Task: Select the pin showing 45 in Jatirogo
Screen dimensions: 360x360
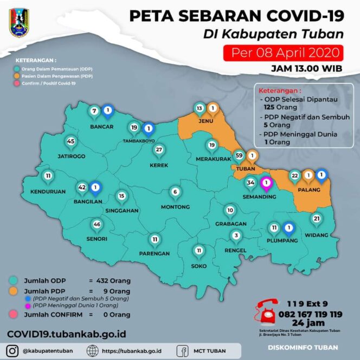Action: pos(70,142)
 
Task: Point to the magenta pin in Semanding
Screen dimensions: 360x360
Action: pos(266,183)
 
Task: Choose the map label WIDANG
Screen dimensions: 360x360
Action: pos(317,235)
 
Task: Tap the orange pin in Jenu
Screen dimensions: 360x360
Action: pos(213,109)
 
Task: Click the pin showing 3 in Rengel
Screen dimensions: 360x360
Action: pos(235,236)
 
